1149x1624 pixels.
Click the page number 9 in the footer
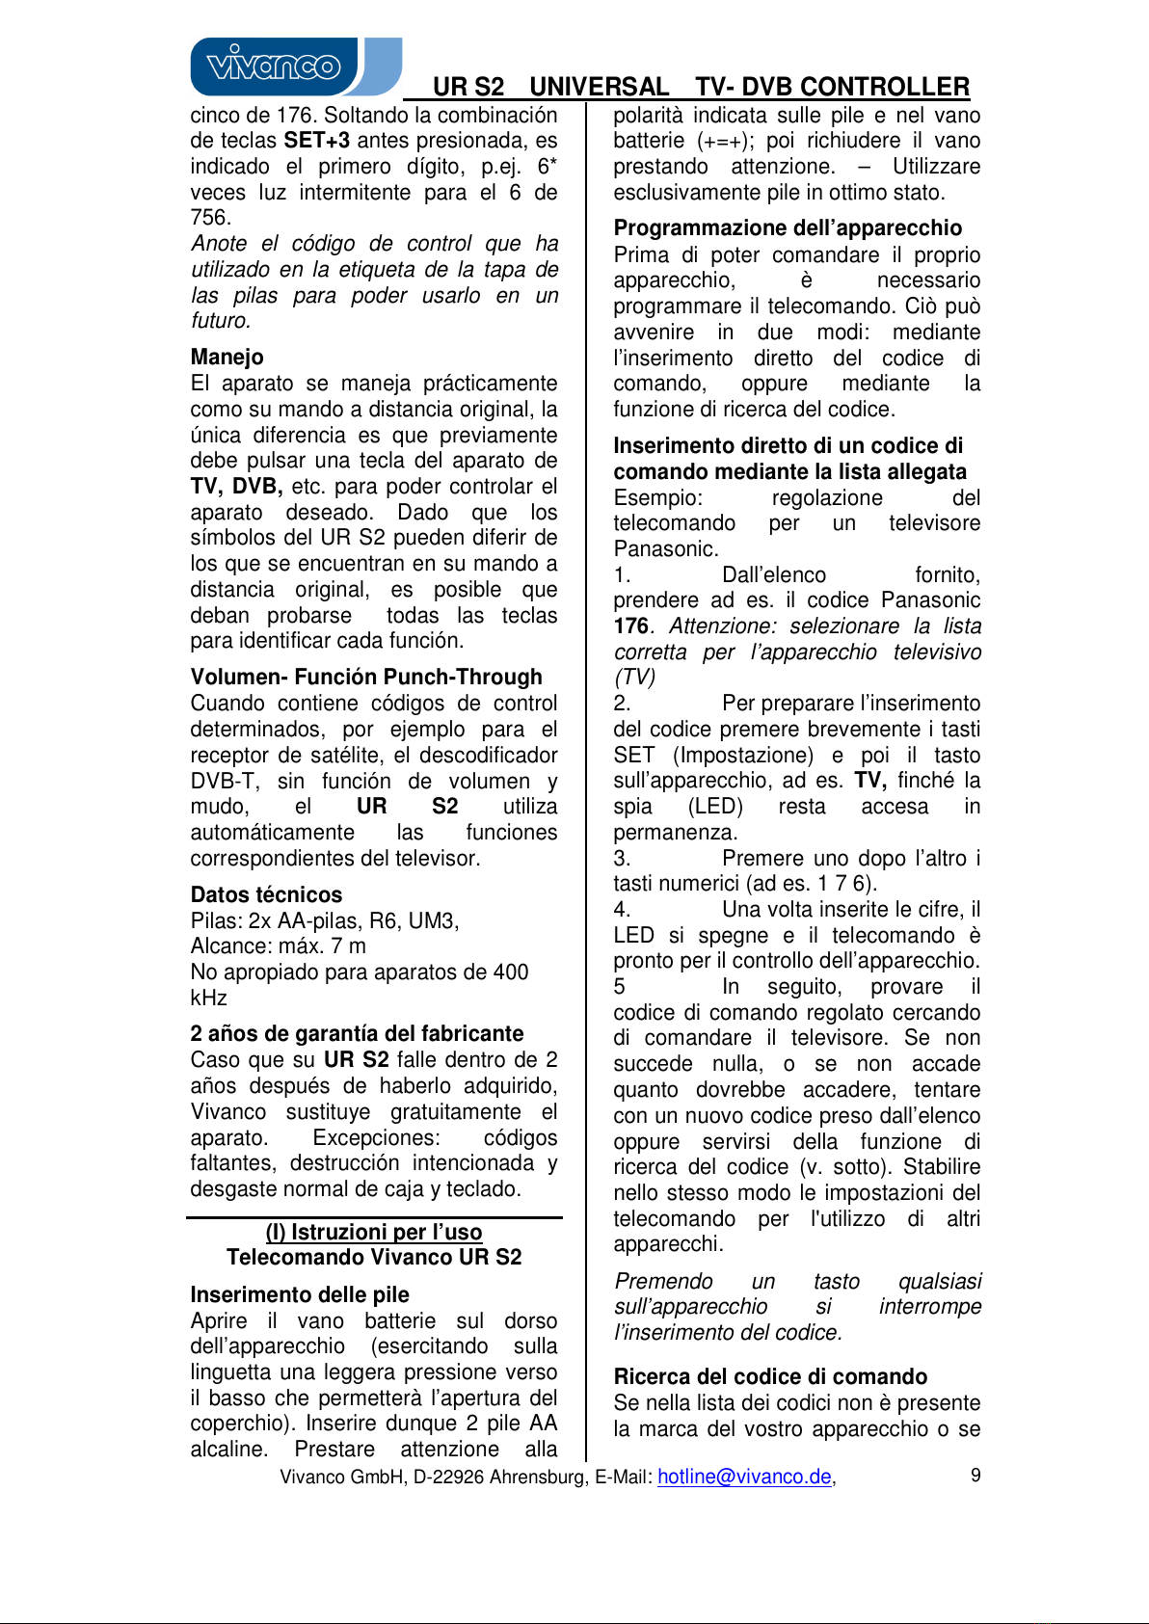click(x=975, y=1475)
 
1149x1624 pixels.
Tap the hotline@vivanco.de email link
click(x=744, y=1477)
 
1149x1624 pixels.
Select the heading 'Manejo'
click(x=227, y=357)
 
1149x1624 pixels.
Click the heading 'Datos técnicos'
click(x=266, y=894)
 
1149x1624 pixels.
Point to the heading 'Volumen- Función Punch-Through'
click(x=366, y=677)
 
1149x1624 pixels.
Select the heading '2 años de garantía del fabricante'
click(x=357, y=1033)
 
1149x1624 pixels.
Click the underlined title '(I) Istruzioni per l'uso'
click(x=374, y=1232)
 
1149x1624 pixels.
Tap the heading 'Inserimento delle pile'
click(x=300, y=1294)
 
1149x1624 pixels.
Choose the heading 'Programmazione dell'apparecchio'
click(x=788, y=227)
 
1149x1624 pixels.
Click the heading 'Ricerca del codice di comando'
click(x=770, y=1376)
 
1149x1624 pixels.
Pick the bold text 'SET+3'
click(x=317, y=141)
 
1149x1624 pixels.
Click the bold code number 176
click(x=630, y=626)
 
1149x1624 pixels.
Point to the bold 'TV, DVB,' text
click(x=236, y=486)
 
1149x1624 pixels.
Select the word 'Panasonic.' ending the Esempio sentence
click(x=666, y=549)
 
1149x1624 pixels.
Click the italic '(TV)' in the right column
click(x=634, y=678)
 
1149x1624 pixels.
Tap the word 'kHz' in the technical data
click(x=209, y=998)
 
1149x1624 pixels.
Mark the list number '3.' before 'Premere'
click(x=622, y=858)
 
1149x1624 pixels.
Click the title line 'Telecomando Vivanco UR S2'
click(x=374, y=1257)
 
